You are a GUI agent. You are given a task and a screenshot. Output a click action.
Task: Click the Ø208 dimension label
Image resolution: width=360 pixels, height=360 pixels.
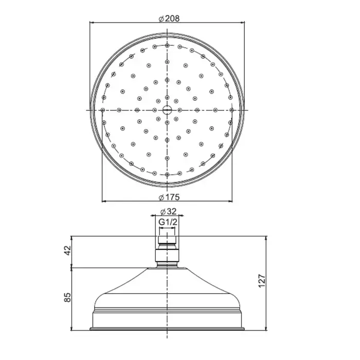[x=169, y=19]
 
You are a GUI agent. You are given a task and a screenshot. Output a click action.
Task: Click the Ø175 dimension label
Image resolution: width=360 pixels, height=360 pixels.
[x=169, y=197]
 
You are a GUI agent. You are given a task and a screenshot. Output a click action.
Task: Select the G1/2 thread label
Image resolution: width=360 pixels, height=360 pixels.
[x=168, y=222]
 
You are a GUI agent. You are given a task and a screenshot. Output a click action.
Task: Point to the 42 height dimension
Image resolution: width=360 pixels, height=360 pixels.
[x=68, y=250]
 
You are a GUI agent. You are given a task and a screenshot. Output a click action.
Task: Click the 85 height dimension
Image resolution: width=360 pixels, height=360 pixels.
[x=68, y=297]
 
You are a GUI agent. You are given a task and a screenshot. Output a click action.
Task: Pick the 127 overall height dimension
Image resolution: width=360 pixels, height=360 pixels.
[x=262, y=281]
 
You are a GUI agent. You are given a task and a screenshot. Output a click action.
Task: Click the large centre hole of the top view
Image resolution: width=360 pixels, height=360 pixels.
[x=167, y=110]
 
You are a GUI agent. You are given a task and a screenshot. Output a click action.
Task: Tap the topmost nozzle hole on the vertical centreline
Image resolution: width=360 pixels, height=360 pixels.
[x=167, y=45]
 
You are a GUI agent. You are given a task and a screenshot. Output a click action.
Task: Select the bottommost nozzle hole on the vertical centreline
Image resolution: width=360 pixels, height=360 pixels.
[x=167, y=175]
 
